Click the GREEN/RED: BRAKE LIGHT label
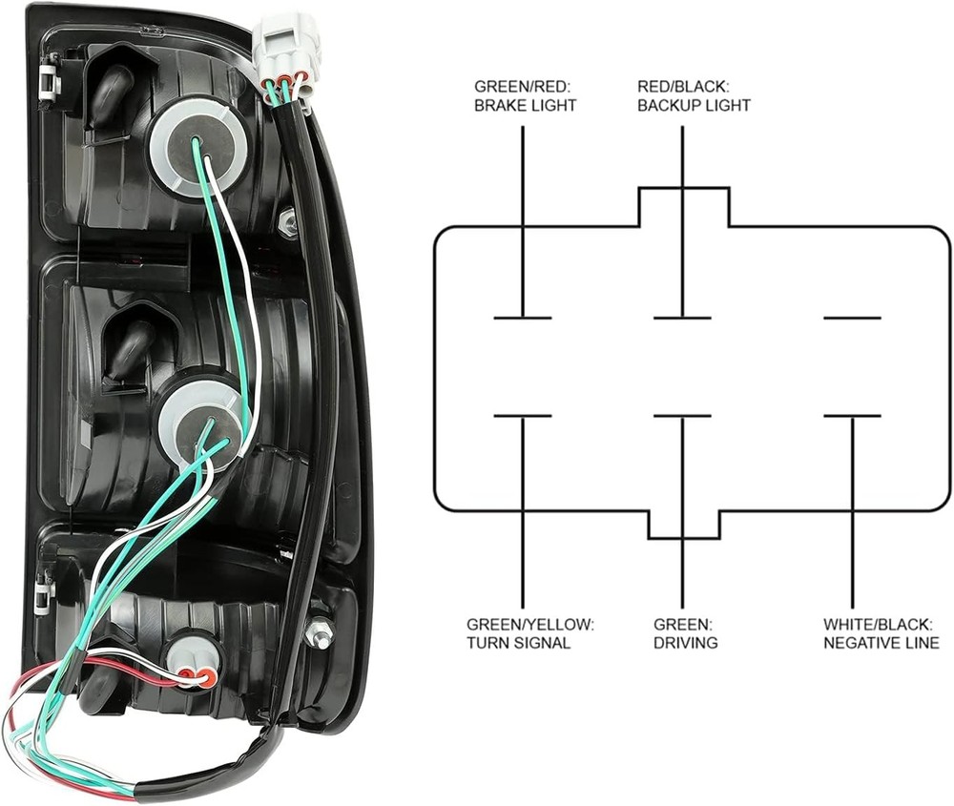[525, 95]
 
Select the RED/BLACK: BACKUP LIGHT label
[694, 95]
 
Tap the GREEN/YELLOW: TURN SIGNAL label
[530, 633]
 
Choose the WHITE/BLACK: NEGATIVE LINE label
[881, 633]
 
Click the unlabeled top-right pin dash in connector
[852, 318]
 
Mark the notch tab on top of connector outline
[684, 206]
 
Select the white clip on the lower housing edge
[42, 597]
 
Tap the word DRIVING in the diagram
[685, 643]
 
